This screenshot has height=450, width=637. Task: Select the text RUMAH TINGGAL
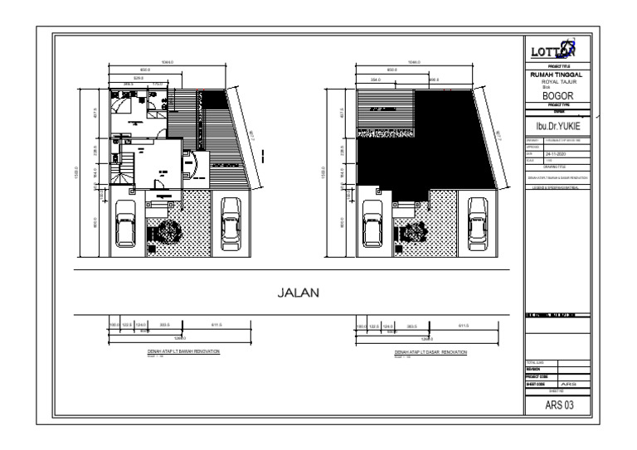pyautogui.click(x=557, y=74)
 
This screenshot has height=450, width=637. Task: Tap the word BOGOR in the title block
pyautogui.click(x=557, y=95)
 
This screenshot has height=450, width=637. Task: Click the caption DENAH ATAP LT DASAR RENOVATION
pyautogui.click(x=430, y=351)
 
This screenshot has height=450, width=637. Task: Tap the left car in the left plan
pyautogui.click(x=127, y=221)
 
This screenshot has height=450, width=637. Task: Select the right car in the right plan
pyautogui.click(x=478, y=221)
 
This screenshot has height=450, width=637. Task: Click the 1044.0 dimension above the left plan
pyautogui.click(x=168, y=62)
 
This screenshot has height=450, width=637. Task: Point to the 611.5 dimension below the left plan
pyautogui.click(x=216, y=325)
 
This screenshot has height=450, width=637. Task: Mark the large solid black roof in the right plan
pyautogui.click(x=431, y=145)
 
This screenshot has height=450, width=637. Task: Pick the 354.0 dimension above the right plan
pyautogui.click(x=376, y=80)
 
